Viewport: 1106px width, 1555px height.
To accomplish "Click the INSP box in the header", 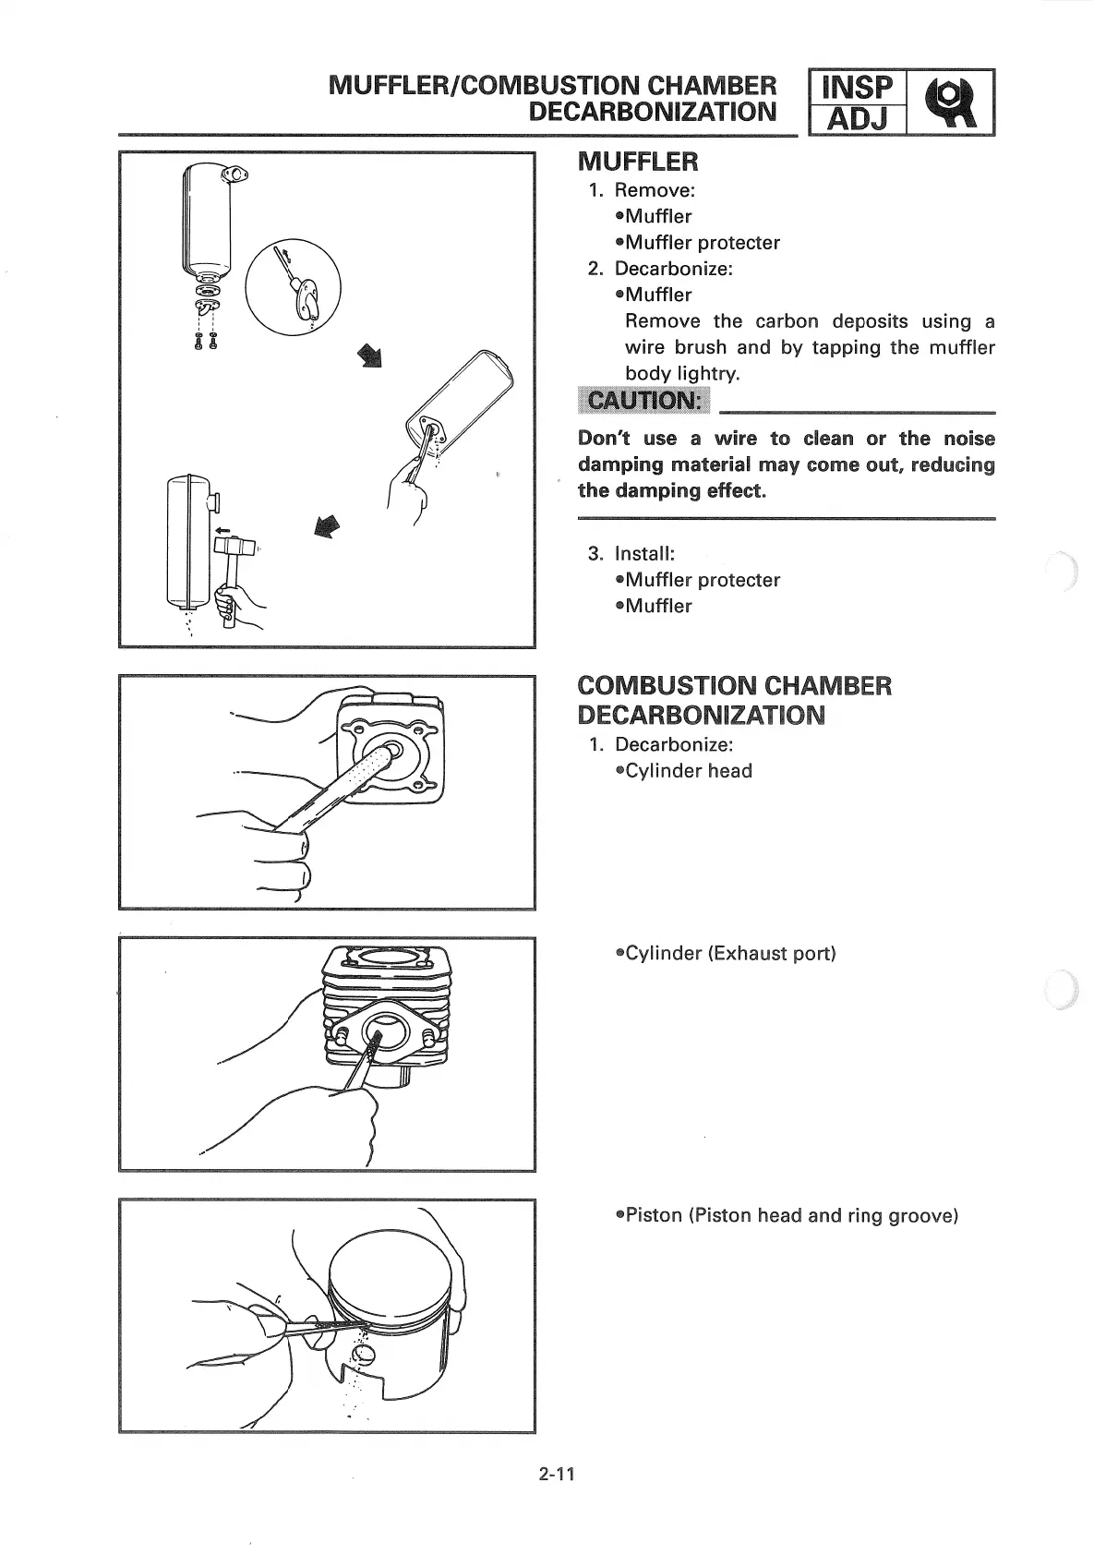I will [857, 88].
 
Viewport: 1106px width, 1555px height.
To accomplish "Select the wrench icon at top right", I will [951, 102].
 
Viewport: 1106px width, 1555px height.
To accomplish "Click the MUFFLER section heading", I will [638, 163].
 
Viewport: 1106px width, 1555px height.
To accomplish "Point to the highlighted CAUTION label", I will [643, 401].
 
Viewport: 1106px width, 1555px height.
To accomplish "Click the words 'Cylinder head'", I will [689, 771].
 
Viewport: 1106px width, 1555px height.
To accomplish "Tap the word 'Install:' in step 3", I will [644, 554].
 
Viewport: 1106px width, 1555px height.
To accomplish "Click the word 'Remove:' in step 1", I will [655, 190].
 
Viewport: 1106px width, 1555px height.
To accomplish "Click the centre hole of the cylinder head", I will [387, 746].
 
